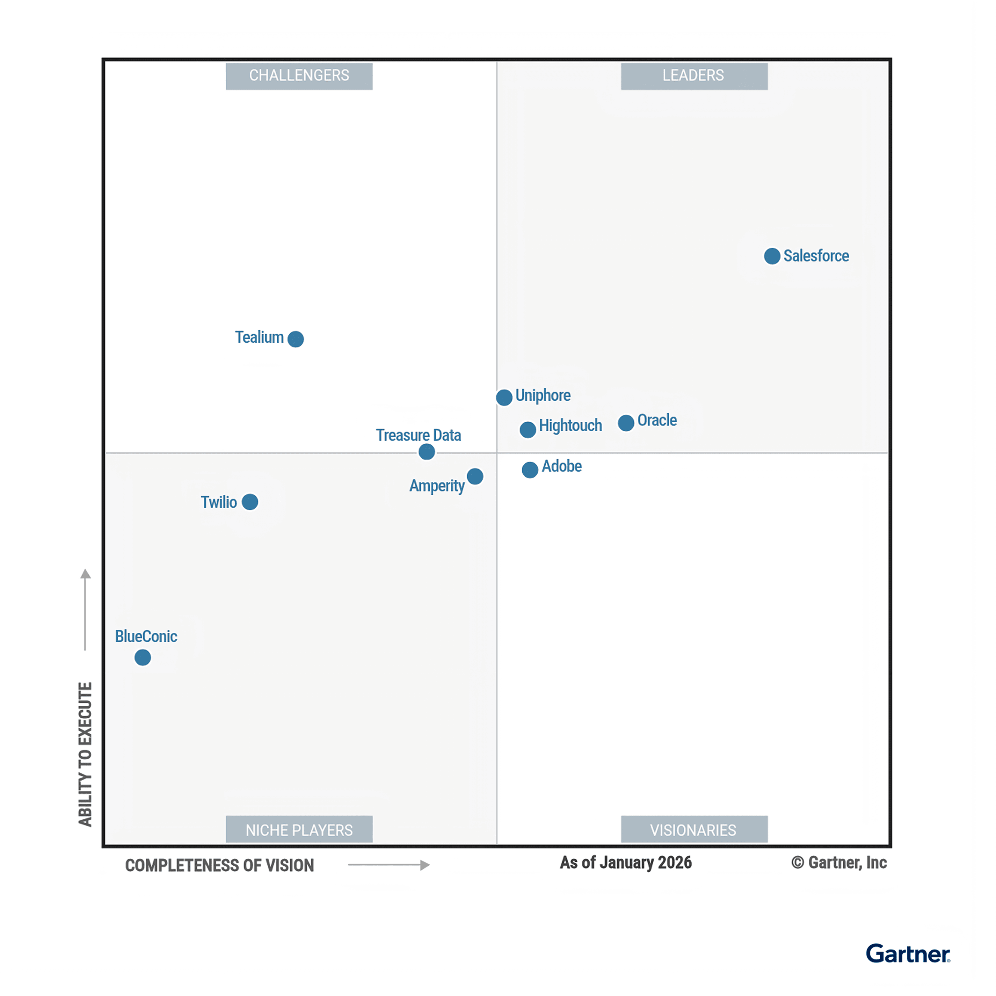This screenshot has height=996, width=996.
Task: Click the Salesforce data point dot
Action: coord(772,256)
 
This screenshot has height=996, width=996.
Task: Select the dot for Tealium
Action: coord(295,339)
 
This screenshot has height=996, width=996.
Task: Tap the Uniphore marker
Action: coord(504,397)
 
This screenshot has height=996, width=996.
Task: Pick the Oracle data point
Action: coord(626,423)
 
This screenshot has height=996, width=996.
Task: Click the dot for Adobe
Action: coord(530,470)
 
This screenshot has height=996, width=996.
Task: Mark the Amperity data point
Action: coord(475,476)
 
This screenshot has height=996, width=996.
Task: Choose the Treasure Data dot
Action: coord(426,452)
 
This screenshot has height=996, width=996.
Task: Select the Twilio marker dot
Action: coord(250,502)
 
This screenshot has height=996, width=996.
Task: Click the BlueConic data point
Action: coord(143,658)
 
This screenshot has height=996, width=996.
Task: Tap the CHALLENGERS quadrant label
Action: coord(299,76)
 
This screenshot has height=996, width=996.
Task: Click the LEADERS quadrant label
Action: coord(694,76)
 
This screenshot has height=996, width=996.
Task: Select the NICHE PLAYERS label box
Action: coord(299,831)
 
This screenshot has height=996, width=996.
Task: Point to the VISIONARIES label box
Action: coord(694,831)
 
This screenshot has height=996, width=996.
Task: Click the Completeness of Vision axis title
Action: coord(220,866)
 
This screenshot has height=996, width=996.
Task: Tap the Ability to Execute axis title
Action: coord(85,754)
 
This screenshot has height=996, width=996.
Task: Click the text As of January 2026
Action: coord(626,863)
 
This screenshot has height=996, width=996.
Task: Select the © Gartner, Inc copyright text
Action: coord(839,863)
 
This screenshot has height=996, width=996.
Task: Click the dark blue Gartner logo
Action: coord(908,954)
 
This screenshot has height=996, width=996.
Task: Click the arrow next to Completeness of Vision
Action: coord(389,865)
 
